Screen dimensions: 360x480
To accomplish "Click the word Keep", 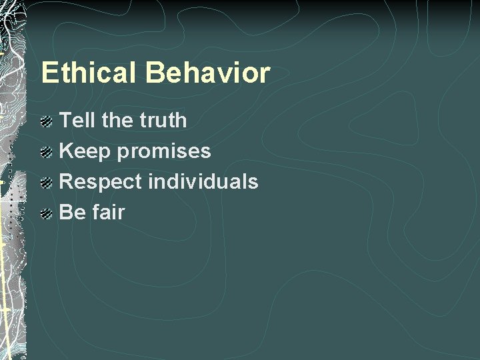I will tap(85, 151).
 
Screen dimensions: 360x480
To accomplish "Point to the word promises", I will tap(164, 152).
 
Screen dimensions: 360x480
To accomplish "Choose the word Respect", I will tap(101, 182).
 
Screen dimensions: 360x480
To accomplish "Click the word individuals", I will tap(203, 182).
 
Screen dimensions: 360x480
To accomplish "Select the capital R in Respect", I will tap(67, 182).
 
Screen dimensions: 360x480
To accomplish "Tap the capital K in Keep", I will tap(66, 151).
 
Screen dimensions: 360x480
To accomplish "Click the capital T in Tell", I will tap(65, 121).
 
